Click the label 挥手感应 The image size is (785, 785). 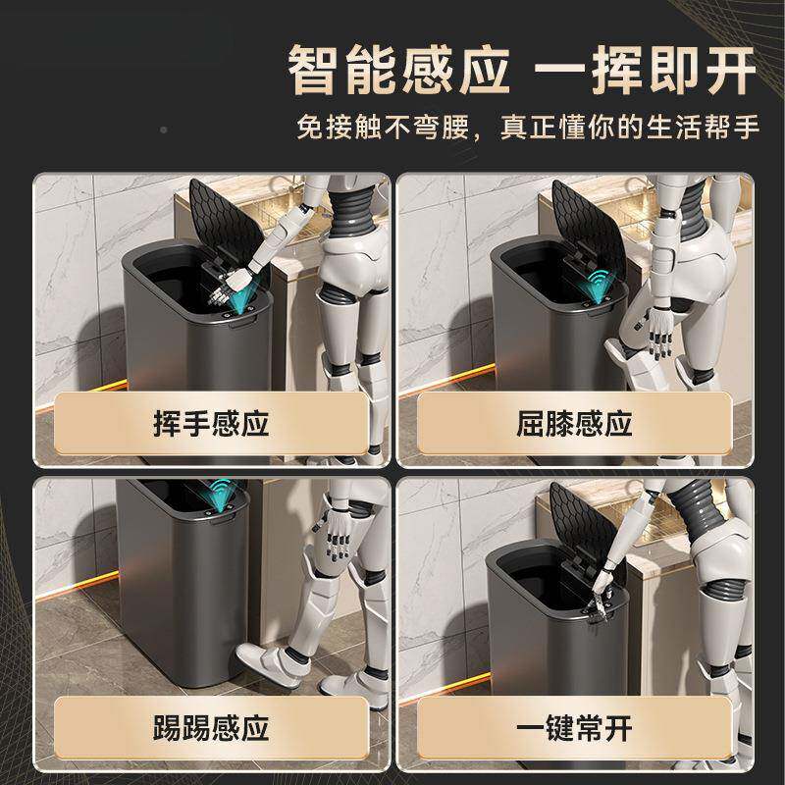coord(211,424)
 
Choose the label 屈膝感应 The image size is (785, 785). coord(574,424)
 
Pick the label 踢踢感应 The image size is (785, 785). coord(211,728)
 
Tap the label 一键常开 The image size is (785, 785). coord(574,728)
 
